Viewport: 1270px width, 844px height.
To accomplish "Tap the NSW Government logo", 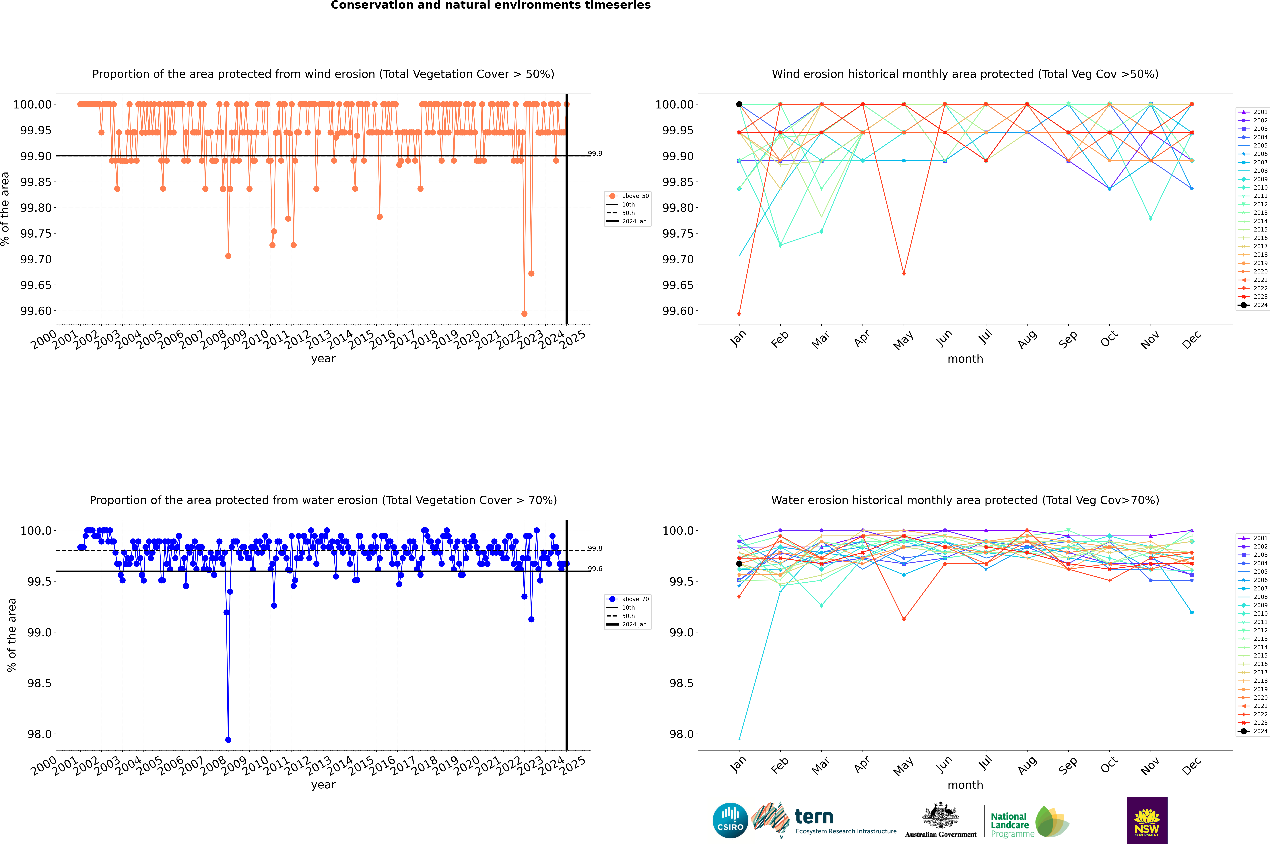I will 1147,820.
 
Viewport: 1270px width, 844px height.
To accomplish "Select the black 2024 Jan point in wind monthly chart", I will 739,104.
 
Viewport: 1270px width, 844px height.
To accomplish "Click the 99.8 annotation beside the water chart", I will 595,549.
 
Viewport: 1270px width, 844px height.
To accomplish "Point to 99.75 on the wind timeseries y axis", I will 36,234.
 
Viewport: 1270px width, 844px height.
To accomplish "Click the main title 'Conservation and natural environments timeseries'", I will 490,5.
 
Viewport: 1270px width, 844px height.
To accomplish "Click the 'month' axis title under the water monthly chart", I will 965,785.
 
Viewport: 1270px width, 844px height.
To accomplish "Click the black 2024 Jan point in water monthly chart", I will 739,564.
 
